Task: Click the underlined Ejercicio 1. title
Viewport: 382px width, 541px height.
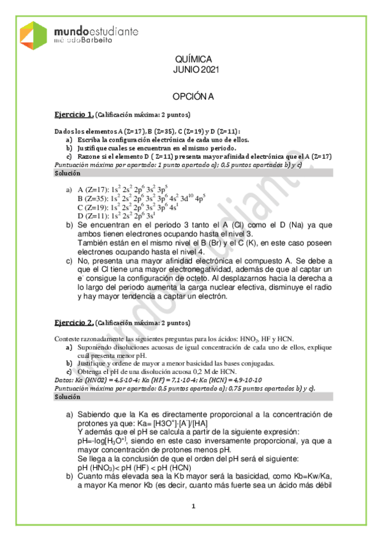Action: pos(73,114)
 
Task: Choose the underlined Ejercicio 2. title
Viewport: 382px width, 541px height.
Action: pos(73,323)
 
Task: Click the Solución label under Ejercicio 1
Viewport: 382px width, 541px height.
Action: pos(67,174)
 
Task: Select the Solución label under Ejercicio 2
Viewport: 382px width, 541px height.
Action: pos(67,397)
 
